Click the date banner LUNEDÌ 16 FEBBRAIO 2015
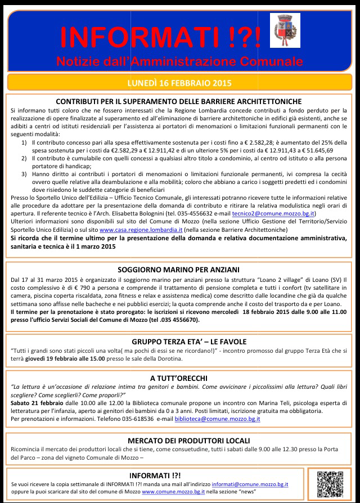(x=179, y=83)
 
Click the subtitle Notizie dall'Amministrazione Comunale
(x=179, y=60)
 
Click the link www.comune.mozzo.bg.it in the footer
(x=173, y=491)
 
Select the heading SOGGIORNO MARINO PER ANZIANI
(x=179, y=268)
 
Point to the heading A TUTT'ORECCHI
(x=179, y=378)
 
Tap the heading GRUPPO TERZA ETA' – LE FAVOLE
(x=179, y=341)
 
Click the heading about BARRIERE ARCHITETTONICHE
(x=179, y=101)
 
